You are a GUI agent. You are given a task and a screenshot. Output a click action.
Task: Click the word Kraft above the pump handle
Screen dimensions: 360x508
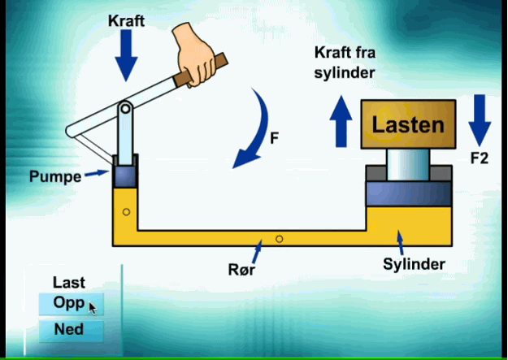click(126, 21)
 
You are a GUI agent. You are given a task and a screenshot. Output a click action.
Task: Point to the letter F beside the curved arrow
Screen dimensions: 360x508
click(275, 138)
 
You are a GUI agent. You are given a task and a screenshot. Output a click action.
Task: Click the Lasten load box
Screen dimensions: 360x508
click(408, 125)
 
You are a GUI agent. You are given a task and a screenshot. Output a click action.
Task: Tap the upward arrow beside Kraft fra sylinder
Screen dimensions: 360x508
click(341, 123)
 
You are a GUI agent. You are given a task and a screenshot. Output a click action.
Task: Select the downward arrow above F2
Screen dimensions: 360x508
click(479, 119)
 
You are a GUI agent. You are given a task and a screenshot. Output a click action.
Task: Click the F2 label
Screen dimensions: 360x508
click(479, 158)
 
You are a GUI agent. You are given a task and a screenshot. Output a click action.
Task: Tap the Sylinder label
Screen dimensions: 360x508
click(414, 265)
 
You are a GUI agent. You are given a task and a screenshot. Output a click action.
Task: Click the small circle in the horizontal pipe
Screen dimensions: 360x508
click(279, 239)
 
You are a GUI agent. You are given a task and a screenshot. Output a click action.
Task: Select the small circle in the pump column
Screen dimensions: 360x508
click(125, 212)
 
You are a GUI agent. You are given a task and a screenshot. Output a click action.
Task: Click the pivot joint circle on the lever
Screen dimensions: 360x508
click(125, 108)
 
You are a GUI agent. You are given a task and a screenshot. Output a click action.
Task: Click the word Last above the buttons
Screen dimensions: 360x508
click(68, 283)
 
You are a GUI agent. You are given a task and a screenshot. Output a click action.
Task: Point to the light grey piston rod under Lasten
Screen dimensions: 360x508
click(407, 166)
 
